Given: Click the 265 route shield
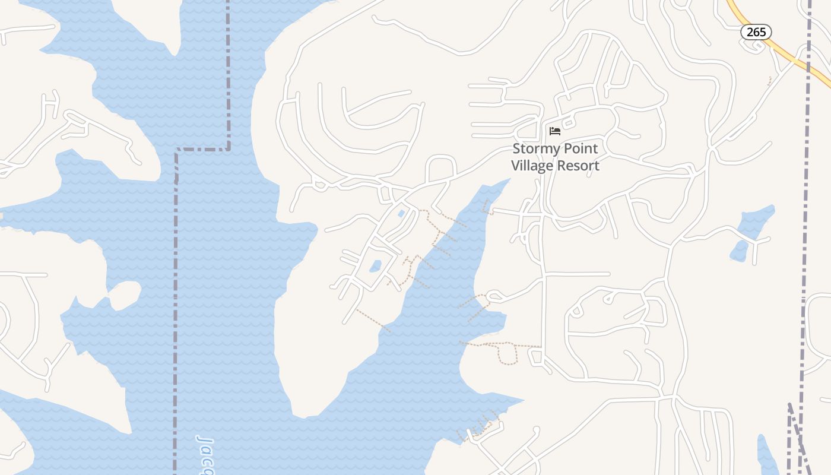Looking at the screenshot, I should click(756, 32).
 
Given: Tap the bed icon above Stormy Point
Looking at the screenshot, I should click(555, 131).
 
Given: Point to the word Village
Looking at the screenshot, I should click(531, 166).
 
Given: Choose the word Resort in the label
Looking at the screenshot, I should click(577, 166).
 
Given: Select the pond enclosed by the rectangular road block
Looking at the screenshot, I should click(375, 266).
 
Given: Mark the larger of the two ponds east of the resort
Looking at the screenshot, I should click(757, 223).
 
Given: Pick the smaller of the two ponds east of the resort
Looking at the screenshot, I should click(739, 251).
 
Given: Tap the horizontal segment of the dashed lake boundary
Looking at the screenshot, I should click(202, 149).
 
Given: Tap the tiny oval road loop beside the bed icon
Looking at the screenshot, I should click(568, 123).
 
